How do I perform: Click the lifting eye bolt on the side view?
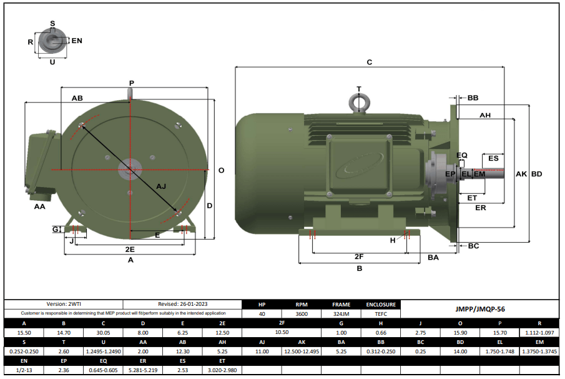point(359,103)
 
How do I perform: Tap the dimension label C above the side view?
point(370,62)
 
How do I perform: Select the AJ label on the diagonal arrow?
point(161,186)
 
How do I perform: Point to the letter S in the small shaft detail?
point(52,24)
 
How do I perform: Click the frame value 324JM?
point(341,314)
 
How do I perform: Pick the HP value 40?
point(262,314)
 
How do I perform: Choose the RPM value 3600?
point(302,314)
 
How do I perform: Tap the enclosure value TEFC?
point(381,314)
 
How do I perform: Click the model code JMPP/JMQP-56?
point(480,309)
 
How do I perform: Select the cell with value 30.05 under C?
point(103,333)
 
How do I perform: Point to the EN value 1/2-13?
point(24,370)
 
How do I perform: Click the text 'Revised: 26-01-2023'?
point(183,305)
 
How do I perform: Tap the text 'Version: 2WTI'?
point(64,305)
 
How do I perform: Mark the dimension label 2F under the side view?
point(359,256)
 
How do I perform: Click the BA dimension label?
point(433,258)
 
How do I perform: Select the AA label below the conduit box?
point(39,207)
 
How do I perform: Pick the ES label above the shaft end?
point(493,158)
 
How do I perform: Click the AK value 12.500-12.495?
point(302,351)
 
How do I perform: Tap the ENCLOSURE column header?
point(381,305)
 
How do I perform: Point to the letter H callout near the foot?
point(393,240)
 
